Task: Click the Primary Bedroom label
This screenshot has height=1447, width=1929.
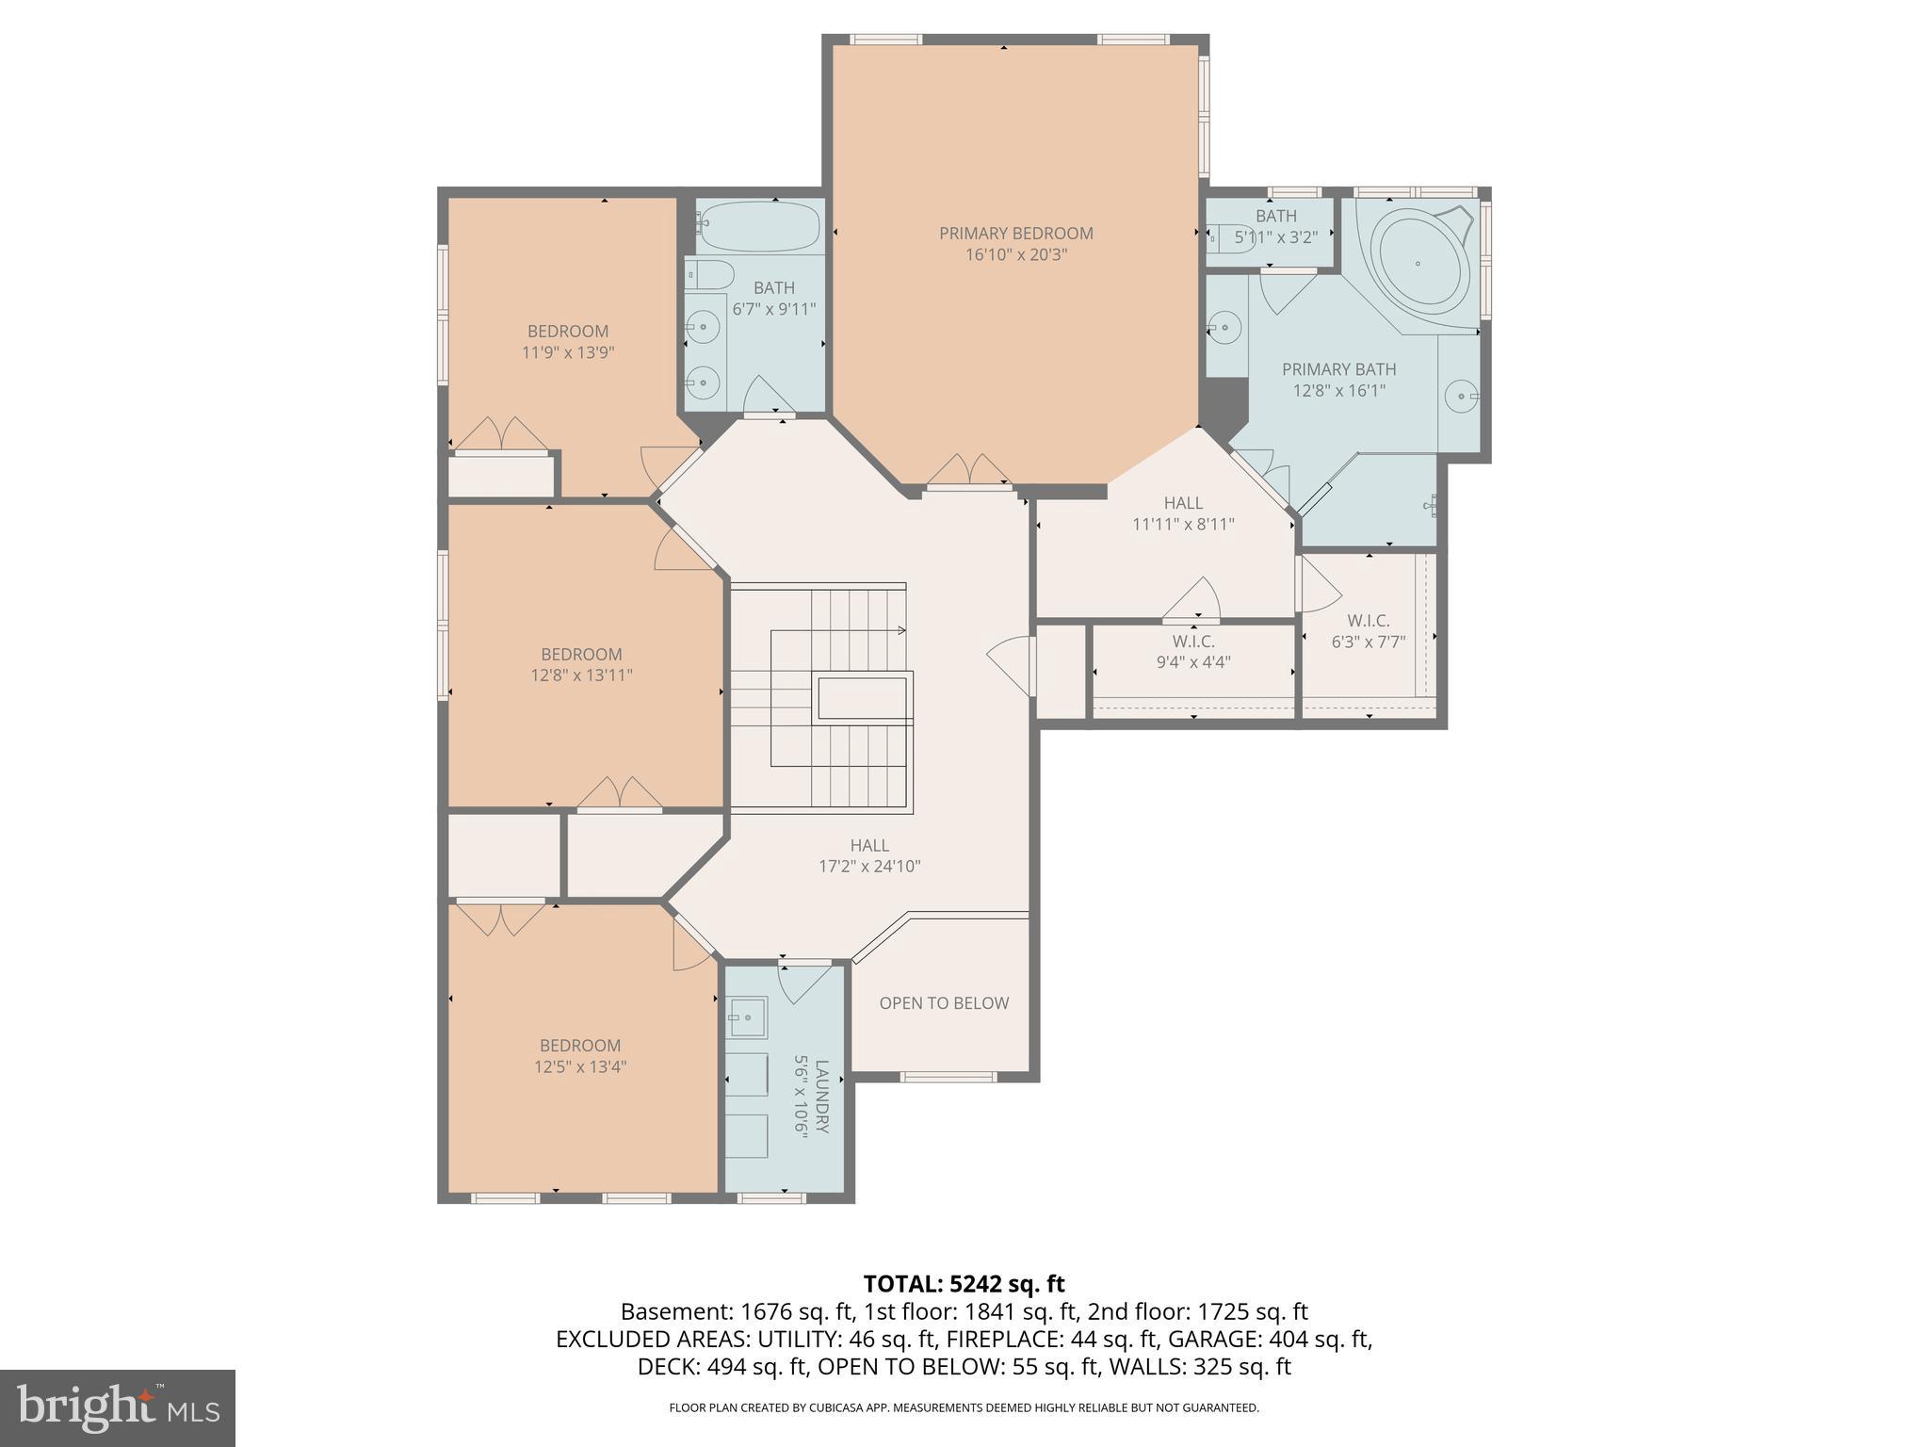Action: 1015,233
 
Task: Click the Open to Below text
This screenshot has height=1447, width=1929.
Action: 944,1003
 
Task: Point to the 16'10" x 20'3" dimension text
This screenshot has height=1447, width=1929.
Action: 1015,254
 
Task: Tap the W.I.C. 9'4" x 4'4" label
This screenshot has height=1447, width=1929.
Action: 1193,651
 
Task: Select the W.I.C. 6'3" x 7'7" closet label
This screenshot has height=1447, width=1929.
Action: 1368,631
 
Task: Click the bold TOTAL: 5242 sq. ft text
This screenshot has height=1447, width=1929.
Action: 964,1283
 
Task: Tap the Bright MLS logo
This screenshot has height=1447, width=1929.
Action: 118,1407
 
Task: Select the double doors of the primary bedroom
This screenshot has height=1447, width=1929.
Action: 969,471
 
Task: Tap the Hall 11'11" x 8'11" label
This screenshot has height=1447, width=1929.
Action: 1183,513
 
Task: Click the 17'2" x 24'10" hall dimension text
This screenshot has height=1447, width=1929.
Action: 868,867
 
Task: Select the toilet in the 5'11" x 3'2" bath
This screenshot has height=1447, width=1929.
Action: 1225,236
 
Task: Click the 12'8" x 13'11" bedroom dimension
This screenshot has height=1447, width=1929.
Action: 581,675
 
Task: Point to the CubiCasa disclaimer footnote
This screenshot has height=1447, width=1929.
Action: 964,1407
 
